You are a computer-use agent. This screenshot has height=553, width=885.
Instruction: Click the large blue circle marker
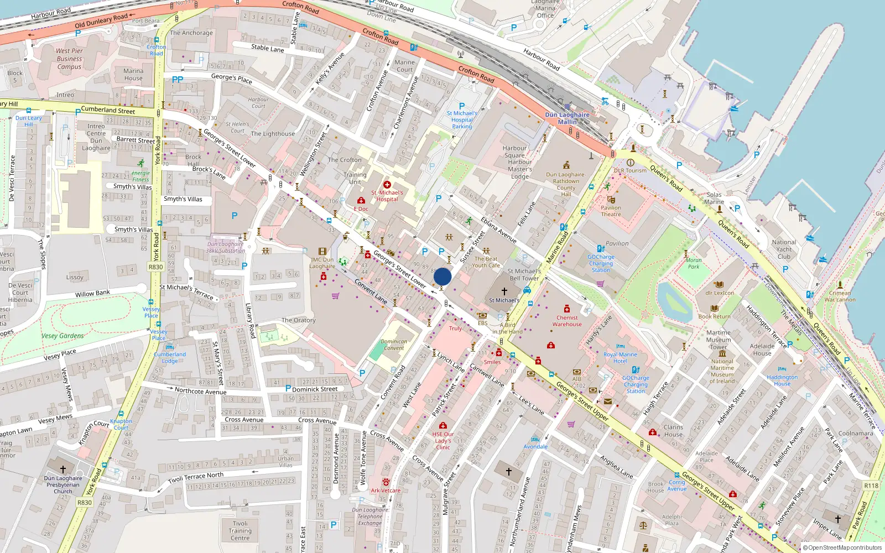[442, 276]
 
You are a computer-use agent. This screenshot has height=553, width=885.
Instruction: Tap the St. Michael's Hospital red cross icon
[387, 185]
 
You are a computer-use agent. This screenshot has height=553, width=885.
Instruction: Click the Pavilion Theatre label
[611, 211]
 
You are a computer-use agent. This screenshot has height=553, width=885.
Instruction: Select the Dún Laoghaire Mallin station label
[567, 118]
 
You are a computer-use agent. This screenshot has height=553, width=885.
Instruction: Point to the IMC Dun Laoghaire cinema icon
[322, 251]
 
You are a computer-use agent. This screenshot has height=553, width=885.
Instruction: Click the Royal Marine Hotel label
[620, 358]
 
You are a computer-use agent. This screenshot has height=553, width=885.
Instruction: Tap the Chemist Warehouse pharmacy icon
[567, 309]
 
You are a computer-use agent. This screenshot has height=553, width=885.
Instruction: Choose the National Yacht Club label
[784, 249]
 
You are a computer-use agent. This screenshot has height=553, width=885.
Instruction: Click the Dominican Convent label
[394, 345]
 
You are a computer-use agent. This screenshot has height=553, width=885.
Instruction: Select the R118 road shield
[871, 486]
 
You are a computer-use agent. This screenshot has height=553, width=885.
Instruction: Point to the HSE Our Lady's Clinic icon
[443, 425]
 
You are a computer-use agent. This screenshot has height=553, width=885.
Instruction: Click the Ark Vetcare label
[386, 491]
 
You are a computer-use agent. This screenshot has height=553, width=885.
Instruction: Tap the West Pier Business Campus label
[69, 59]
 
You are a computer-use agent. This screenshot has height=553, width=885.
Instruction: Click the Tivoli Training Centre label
[240, 530]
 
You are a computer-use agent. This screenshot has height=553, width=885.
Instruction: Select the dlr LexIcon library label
[720, 293]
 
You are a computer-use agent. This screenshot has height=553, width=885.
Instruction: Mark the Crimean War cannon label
[840, 296]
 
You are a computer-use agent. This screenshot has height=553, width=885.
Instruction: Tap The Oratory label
[299, 320]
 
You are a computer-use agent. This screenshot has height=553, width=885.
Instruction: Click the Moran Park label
[694, 263]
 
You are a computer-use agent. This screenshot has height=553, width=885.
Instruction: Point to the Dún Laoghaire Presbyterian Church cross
[63, 469]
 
